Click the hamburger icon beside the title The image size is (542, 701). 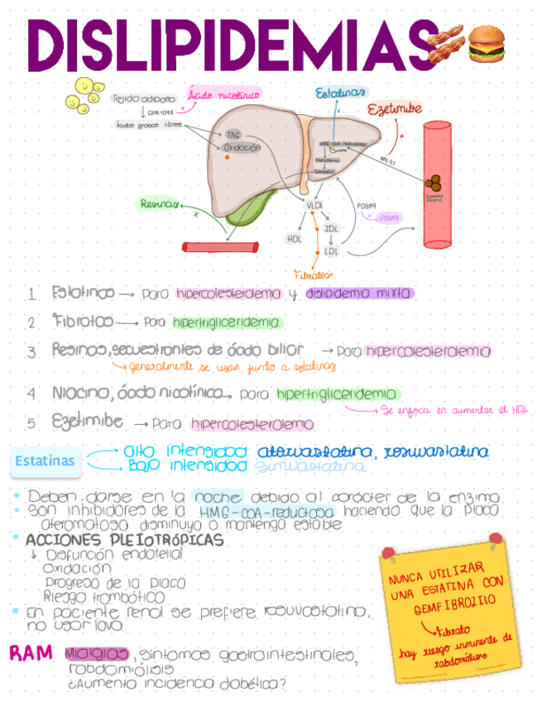tap(486, 45)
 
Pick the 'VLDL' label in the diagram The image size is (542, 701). tap(314, 205)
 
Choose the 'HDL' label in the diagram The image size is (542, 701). tap(294, 239)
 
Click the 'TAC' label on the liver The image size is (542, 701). tap(233, 134)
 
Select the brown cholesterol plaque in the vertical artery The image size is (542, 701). tap(434, 183)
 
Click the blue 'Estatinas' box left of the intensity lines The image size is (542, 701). tap(45, 460)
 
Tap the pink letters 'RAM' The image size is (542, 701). tap(31, 653)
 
